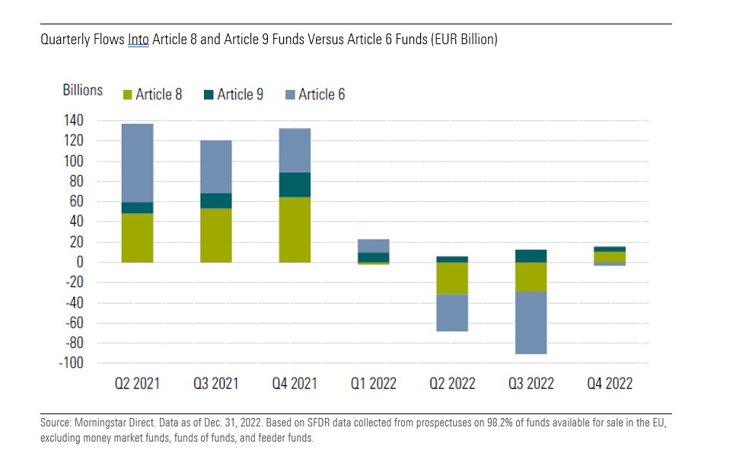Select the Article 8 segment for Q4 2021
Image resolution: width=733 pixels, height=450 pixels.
(x=295, y=230)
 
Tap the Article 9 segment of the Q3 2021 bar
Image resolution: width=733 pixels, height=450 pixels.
(x=216, y=200)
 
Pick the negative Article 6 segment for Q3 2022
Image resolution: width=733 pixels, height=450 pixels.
(x=531, y=323)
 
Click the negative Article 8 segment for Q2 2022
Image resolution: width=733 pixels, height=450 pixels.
(x=452, y=278)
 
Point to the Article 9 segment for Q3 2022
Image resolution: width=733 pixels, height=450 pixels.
(x=531, y=256)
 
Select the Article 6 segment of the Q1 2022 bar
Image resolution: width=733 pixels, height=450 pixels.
(x=374, y=245)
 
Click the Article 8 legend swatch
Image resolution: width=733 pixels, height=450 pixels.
(x=128, y=95)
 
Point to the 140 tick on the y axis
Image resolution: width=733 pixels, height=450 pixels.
(x=93, y=121)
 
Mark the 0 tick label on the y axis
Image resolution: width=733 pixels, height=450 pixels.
(x=99, y=263)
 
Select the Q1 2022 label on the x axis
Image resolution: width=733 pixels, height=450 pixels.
(x=374, y=383)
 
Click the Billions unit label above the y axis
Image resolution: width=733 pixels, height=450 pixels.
(x=82, y=90)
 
